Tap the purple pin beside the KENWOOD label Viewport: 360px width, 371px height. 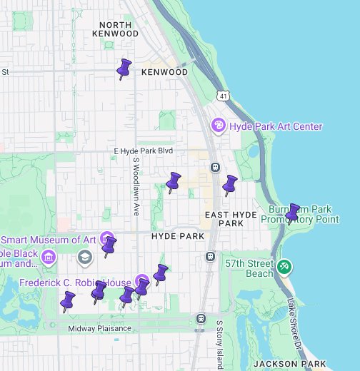click(x=124, y=68)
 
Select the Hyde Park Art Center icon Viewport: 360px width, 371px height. click(x=219, y=126)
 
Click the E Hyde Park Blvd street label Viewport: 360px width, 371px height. click(x=144, y=151)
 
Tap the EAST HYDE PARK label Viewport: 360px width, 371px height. click(x=224, y=218)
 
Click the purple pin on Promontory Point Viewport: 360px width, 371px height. click(x=292, y=213)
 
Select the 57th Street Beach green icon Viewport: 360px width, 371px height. click(x=284, y=266)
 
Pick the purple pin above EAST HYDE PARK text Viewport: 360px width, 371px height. click(x=229, y=185)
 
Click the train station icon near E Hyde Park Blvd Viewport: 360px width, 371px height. click(x=215, y=167)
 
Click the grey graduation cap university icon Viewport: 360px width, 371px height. click(x=85, y=256)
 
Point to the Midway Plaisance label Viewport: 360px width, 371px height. click(x=100, y=328)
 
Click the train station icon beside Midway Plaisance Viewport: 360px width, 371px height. click(x=201, y=318)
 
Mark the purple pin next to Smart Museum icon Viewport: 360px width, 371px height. click(x=109, y=247)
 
